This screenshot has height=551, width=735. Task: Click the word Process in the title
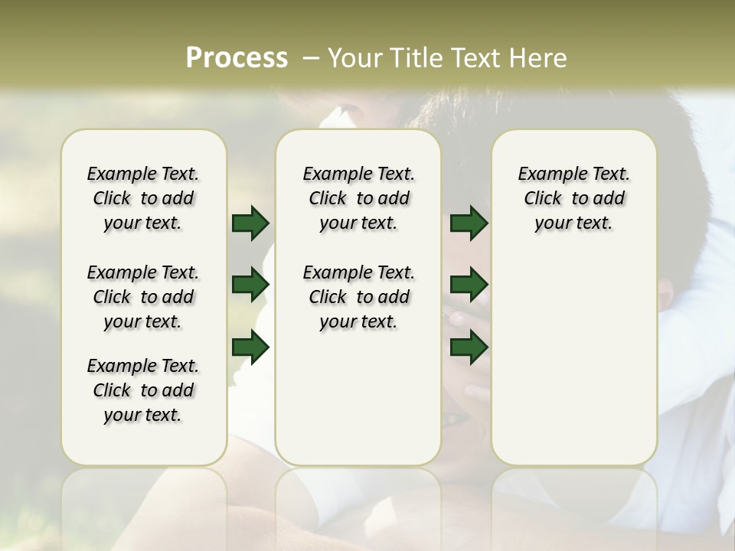coord(237,57)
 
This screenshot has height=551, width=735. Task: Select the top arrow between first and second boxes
coord(250,223)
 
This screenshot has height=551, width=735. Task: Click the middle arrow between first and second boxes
coord(250,285)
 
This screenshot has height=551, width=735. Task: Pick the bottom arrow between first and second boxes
coord(250,347)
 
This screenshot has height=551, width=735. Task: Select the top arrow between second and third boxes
coord(469,223)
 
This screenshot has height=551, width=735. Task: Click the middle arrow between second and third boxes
coord(469,285)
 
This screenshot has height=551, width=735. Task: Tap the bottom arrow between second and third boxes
coord(469,347)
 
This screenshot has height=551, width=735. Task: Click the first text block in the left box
coord(143,198)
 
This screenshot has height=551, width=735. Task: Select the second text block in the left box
coord(143,297)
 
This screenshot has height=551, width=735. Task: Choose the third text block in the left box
coord(143,390)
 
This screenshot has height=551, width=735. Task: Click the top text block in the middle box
coord(358,198)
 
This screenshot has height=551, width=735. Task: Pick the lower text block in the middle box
coord(358,297)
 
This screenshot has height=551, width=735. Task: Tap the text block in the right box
coord(573,198)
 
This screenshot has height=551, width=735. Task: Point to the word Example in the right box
coord(545,174)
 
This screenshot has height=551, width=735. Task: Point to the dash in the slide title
coord(311,58)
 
